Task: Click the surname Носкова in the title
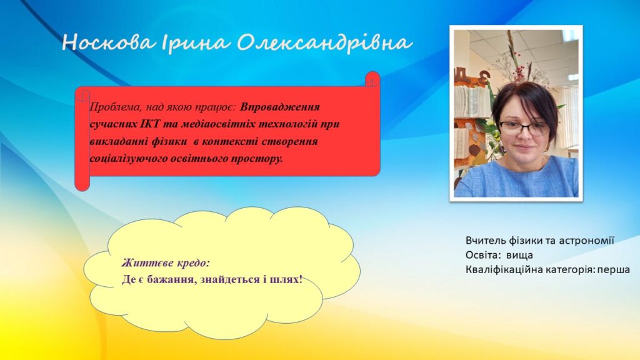pos(109,42)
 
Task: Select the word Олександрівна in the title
pos(324,43)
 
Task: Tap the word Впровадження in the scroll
pos(279,107)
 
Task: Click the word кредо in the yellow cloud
pos(193,263)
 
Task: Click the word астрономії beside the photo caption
pos(586,241)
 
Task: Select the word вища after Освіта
pos(519,255)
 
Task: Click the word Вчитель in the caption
pos(484,241)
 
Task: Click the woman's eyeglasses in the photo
pos(524,129)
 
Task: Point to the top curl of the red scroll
pos(372,79)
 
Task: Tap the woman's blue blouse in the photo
pos(517,179)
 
